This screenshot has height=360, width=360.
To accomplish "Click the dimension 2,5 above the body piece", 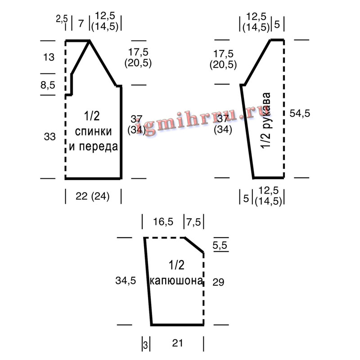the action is pyautogui.click(x=62, y=19).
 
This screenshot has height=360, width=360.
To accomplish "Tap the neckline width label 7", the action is pyautogui.click(x=81, y=24).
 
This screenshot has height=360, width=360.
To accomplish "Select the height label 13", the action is pyautogui.click(x=49, y=57).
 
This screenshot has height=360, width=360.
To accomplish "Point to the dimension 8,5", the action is pyautogui.click(x=48, y=85).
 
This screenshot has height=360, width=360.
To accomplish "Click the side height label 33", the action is pyautogui.click(x=49, y=137).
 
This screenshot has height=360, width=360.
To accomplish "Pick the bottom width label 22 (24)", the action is pyautogui.click(x=93, y=196).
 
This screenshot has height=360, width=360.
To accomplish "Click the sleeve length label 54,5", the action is pyautogui.click(x=300, y=113).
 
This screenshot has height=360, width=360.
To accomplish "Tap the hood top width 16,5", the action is pyautogui.click(x=163, y=222).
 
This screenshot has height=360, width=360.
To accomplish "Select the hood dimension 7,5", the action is pyautogui.click(x=193, y=222).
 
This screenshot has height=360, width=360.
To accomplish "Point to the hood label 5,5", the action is pyautogui.click(x=220, y=245).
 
